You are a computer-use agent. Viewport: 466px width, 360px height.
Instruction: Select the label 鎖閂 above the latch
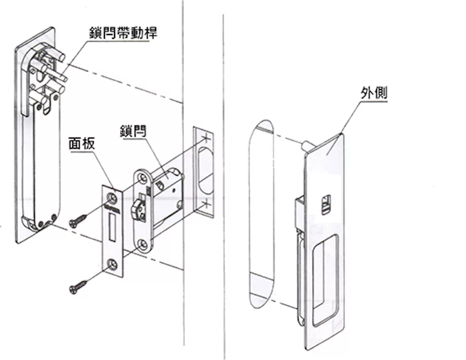(132, 131)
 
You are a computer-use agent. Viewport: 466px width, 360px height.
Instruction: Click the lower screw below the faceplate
(75, 289)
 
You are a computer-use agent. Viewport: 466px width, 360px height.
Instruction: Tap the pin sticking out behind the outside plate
(307, 144)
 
